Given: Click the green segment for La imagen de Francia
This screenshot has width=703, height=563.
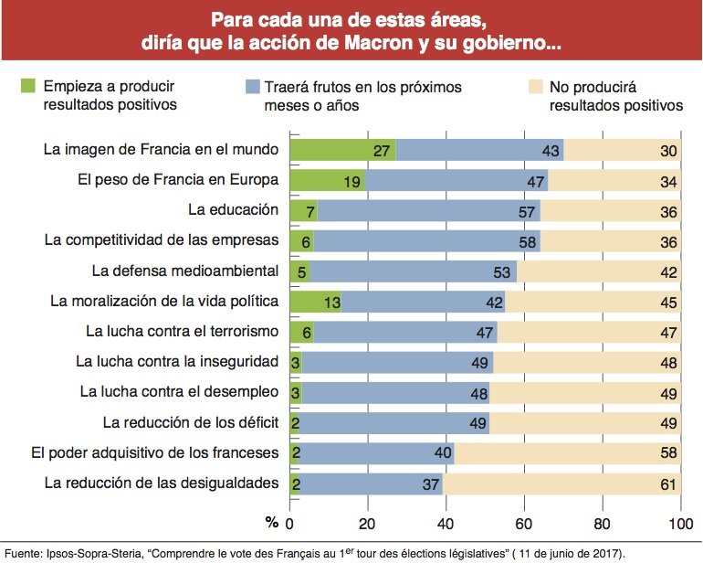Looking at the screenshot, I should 342,150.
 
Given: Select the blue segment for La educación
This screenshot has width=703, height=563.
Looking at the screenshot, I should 429,210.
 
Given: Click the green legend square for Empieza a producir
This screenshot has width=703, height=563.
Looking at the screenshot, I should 28,88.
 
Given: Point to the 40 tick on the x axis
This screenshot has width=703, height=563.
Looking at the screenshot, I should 446,525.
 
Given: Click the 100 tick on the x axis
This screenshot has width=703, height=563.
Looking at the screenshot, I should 681,525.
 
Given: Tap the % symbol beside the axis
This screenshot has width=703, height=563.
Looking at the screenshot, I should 271,523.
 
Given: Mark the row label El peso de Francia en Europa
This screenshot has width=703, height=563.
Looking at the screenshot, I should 178,179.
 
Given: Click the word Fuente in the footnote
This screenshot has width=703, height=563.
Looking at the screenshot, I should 24,552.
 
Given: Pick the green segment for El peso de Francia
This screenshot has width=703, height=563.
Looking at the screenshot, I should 327,180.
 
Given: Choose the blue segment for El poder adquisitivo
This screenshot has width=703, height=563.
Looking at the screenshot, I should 375,452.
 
